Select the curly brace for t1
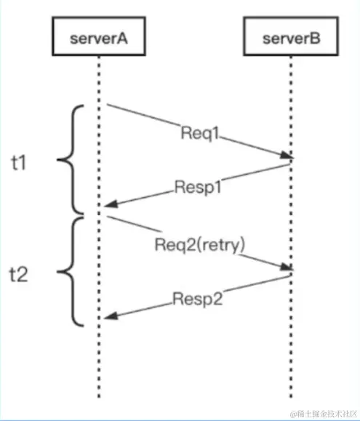pos(71,160)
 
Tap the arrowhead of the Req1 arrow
pos(287,156)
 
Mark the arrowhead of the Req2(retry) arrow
pos(287,269)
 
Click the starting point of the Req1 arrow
pos(107,105)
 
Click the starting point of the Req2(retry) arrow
pos(107,216)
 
